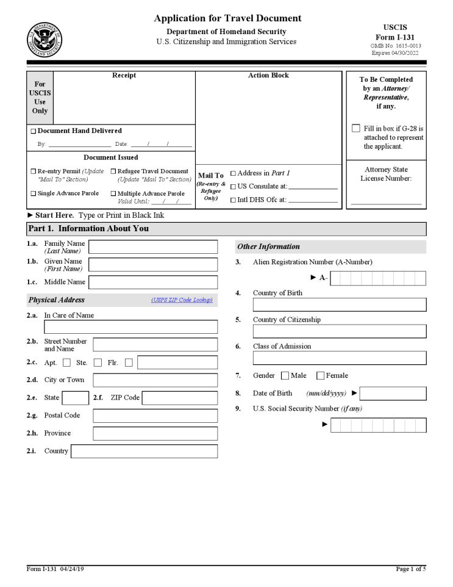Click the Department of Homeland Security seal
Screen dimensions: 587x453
tap(44, 40)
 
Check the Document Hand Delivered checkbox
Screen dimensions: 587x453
tap(34, 131)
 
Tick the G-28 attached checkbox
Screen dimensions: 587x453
tap(356, 129)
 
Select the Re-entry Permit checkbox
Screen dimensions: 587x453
tap(34, 171)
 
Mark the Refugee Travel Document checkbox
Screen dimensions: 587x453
tap(113, 171)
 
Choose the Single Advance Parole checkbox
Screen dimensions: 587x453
tap(34, 193)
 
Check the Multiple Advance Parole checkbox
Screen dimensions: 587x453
tap(113, 193)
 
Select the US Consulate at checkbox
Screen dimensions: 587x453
tap(233, 187)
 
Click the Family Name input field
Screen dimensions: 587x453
tap(152, 247)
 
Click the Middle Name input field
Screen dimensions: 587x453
tap(152, 282)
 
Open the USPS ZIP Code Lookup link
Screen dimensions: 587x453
tap(182, 300)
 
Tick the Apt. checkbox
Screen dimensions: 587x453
tap(66, 362)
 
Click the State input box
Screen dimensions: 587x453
tap(76, 398)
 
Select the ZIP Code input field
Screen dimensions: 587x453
tap(179, 398)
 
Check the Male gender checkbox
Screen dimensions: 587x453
tap(285, 376)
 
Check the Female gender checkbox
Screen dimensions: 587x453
tap(320, 376)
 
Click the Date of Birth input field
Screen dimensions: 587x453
tap(393, 394)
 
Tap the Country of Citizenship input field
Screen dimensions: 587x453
tap(340, 331)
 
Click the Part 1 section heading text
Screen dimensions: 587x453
tap(88, 229)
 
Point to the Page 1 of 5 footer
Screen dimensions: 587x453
tap(410, 569)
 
